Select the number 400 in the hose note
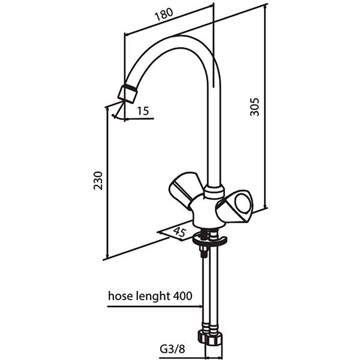tap(183, 296)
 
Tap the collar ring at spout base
tap(212, 192)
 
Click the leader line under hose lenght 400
tap(153, 307)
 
